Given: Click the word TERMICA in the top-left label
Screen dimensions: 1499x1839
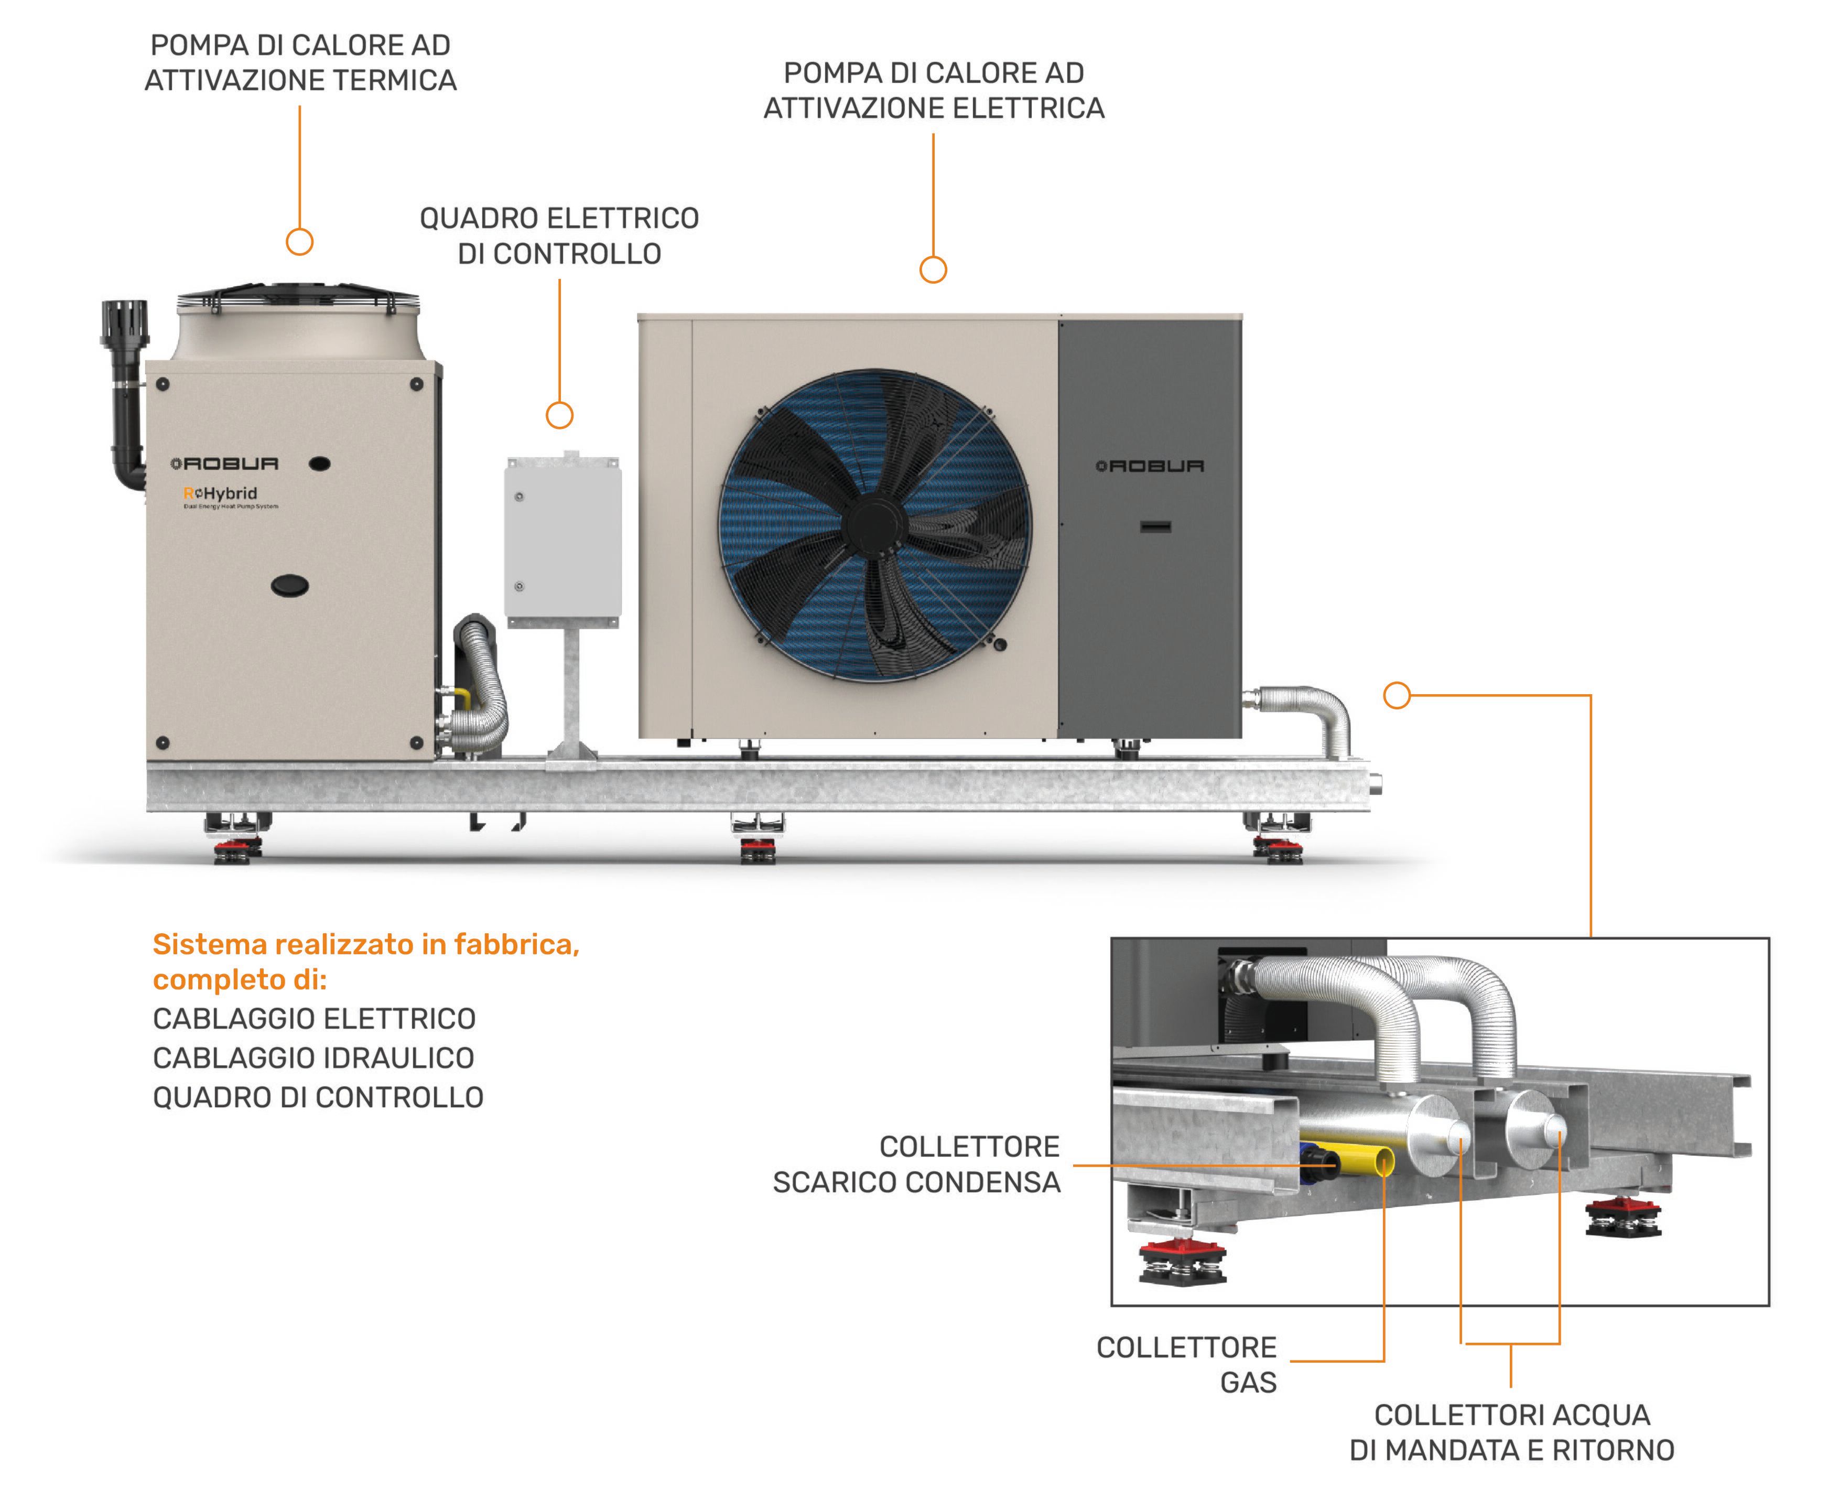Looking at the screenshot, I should click(395, 80).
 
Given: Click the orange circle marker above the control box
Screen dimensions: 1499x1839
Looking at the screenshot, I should click(559, 415).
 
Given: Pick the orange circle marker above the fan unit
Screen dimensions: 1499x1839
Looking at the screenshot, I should click(933, 269).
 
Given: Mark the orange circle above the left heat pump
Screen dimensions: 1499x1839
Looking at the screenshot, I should click(299, 242).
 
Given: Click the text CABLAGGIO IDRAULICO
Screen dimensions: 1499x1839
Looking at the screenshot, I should click(313, 1058).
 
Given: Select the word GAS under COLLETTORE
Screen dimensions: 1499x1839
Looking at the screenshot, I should click(1248, 1383).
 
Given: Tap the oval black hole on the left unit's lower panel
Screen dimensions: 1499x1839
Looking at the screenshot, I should click(290, 586).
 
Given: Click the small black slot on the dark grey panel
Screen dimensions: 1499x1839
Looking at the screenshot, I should click(1155, 526).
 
